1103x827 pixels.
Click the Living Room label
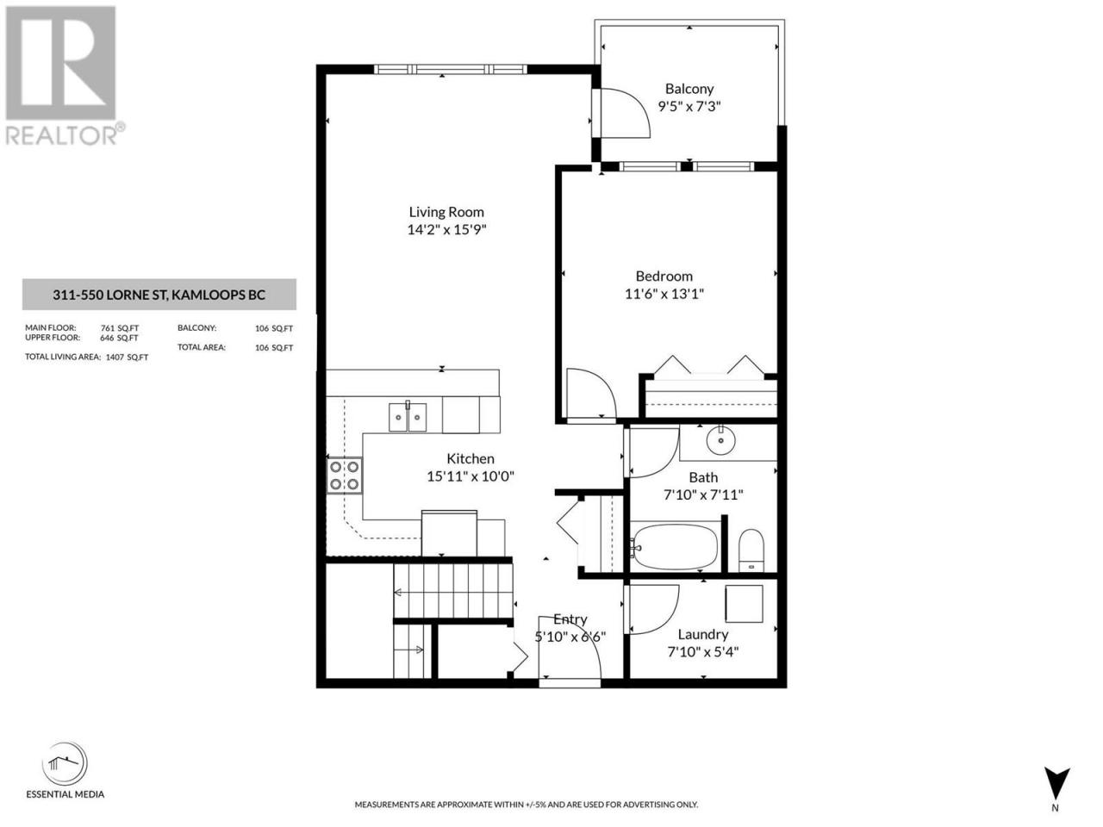[446, 212]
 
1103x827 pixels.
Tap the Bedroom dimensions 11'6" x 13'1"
[664, 294]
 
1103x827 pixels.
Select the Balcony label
[689, 89]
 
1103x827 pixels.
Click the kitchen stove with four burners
[345, 475]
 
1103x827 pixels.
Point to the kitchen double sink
[408, 416]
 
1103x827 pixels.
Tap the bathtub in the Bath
[676, 546]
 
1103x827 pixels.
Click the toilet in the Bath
[751, 550]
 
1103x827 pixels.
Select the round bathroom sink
[721, 440]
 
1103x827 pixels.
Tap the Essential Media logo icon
[65, 764]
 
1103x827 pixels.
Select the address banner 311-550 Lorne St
[159, 295]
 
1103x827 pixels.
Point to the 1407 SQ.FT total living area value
[128, 358]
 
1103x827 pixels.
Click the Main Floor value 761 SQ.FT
[120, 328]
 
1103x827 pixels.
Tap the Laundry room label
[702, 634]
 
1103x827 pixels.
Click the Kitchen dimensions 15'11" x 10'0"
[470, 476]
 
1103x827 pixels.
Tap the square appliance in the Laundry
[745, 604]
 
